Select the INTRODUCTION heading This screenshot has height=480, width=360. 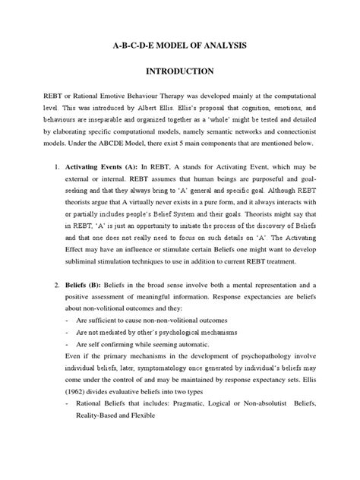pyautogui.click(x=180, y=73)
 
